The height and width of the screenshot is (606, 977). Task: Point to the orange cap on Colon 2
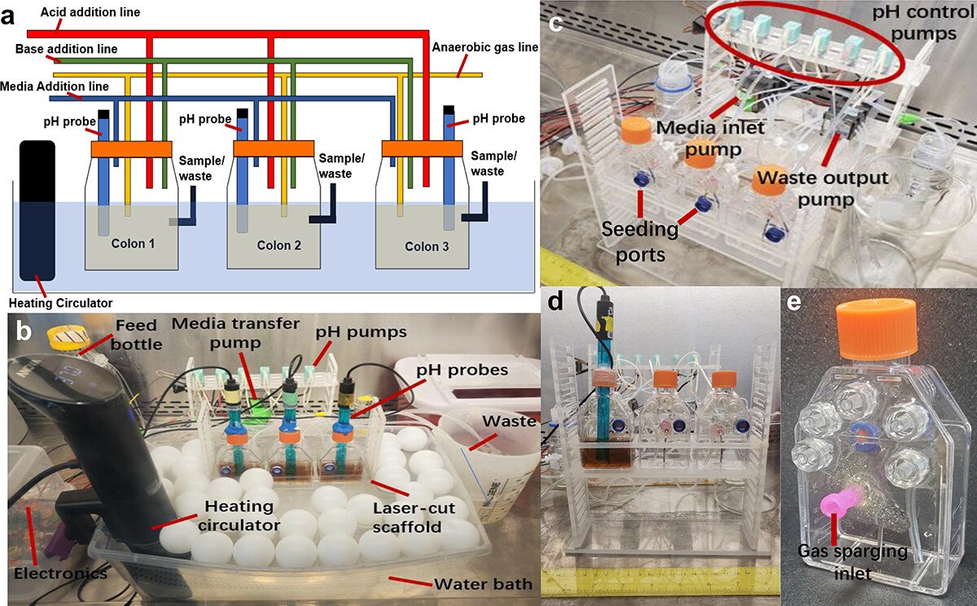click(x=273, y=150)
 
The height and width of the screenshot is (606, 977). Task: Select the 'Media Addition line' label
click(x=55, y=86)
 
